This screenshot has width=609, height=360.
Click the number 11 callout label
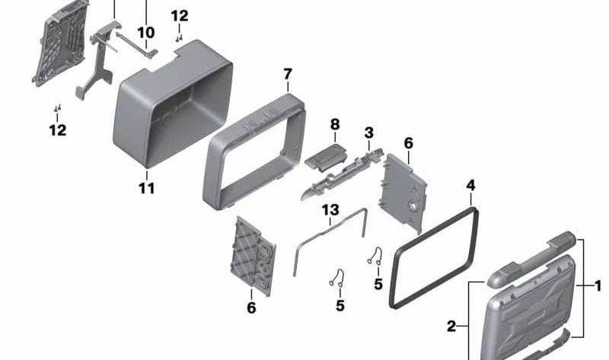pyautogui.click(x=146, y=187)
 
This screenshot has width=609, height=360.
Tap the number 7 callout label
pyautogui.click(x=287, y=75)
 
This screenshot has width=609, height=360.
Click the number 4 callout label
pyautogui.click(x=471, y=185)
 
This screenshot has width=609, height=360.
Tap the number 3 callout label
pyautogui.click(x=368, y=133)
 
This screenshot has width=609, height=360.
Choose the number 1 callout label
pyautogui.click(x=598, y=286)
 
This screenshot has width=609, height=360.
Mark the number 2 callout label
pyautogui.click(x=451, y=326)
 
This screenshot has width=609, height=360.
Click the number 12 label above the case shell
pyautogui.click(x=179, y=16)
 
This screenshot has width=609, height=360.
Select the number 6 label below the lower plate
pyautogui.click(x=251, y=307)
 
